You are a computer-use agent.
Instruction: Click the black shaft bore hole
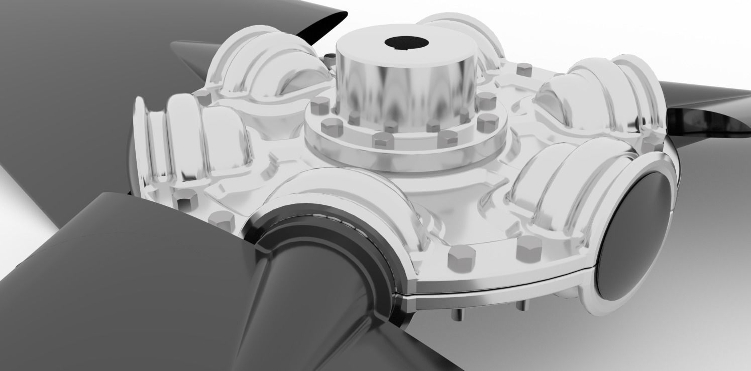pos(405,43)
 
